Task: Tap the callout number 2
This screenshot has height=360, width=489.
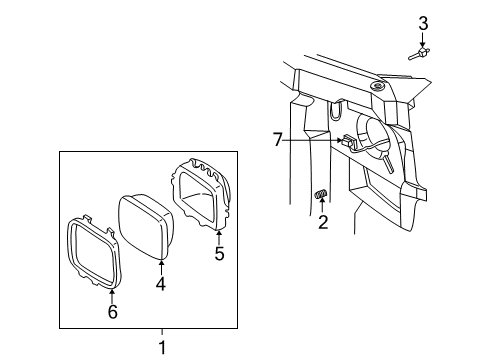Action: point(323,223)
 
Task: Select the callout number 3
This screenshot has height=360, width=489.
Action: point(423,22)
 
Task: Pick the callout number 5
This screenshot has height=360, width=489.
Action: point(219,253)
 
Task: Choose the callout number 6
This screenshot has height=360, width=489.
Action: point(112,312)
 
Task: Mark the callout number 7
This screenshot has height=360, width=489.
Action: point(277,140)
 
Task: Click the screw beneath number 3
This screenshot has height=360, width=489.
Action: point(422,53)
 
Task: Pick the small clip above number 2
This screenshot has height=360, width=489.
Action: point(322,194)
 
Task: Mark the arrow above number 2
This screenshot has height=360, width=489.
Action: point(322,206)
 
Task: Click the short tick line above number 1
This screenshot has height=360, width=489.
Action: point(161,334)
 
